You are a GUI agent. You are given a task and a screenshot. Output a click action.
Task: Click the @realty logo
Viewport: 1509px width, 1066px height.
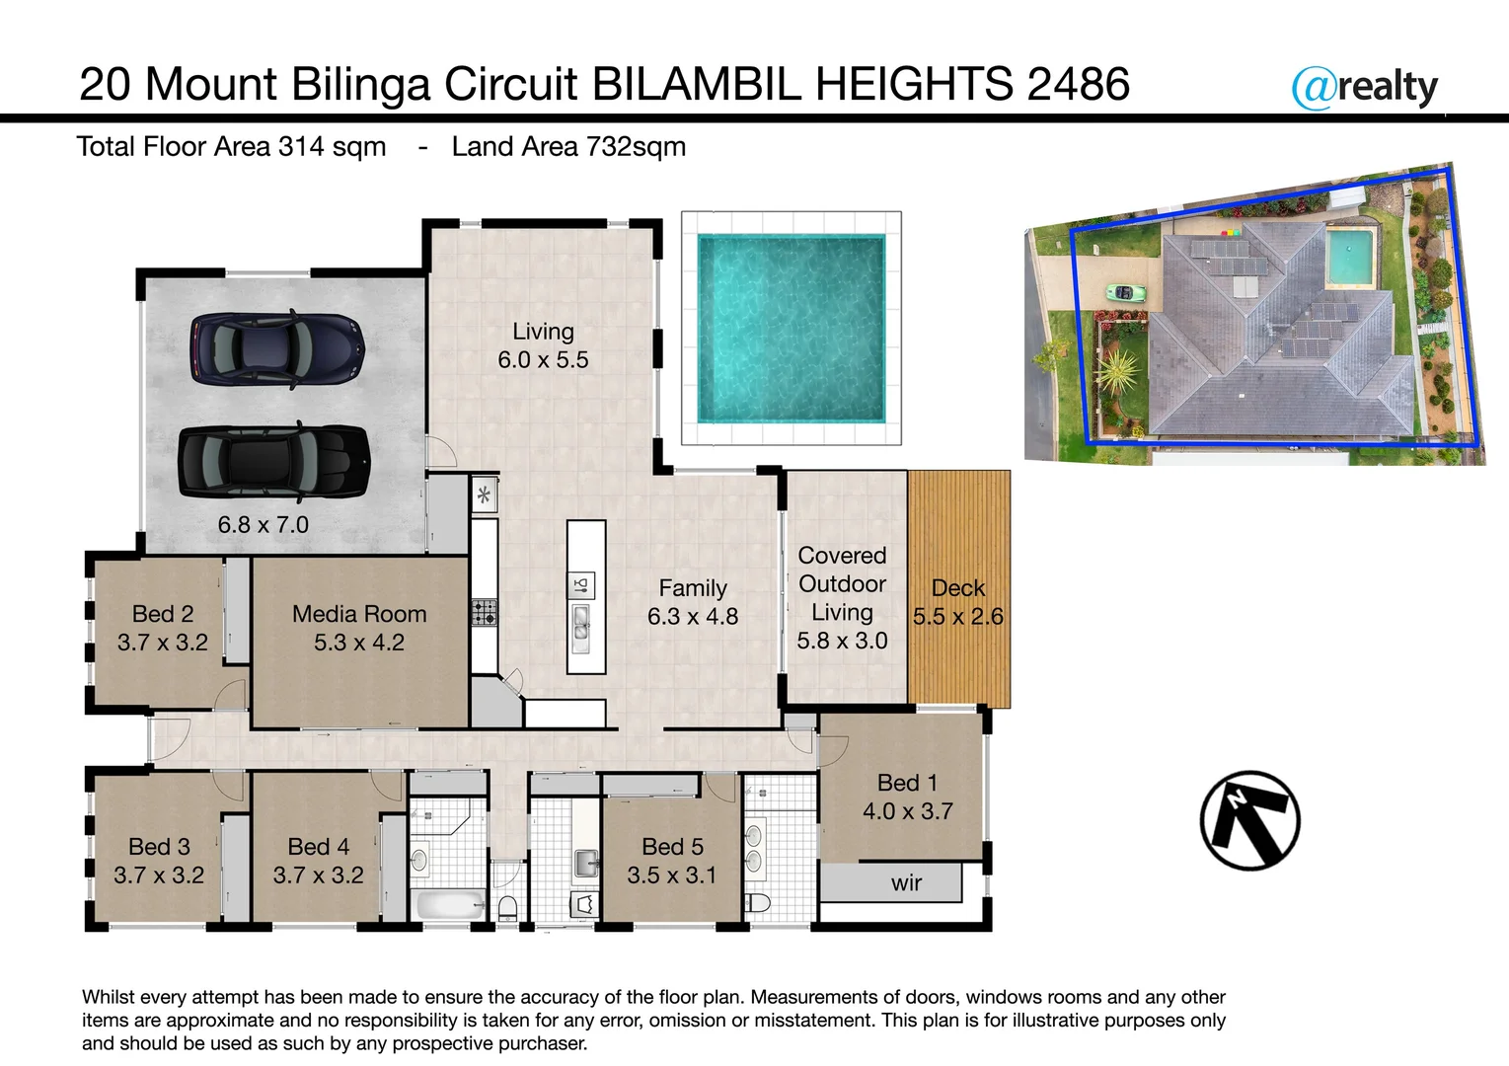click(1365, 88)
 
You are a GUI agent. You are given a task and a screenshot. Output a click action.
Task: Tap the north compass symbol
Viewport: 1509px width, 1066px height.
click(1249, 820)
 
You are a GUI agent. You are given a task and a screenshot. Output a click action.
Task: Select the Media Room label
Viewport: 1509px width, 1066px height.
click(359, 614)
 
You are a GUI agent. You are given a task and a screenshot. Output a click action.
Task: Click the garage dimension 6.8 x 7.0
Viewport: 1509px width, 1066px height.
click(264, 525)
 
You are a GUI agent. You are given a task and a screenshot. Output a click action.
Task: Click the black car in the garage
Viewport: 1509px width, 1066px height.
click(273, 462)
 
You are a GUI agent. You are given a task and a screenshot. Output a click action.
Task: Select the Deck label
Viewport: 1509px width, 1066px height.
click(958, 588)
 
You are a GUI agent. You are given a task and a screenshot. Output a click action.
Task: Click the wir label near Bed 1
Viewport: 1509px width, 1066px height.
click(906, 883)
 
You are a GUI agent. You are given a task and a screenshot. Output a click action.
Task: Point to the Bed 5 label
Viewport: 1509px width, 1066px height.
click(672, 847)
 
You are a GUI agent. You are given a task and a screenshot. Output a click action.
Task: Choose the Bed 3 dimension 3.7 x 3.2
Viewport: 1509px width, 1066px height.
click(159, 876)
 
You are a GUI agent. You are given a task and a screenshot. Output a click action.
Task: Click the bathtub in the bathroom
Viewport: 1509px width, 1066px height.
click(449, 904)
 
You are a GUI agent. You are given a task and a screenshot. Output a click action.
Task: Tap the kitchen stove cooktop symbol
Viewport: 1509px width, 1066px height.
click(484, 613)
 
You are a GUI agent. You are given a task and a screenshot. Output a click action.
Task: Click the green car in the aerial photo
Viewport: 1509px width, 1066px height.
click(1124, 292)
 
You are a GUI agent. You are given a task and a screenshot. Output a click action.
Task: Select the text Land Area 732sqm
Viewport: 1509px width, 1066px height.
click(568, 147)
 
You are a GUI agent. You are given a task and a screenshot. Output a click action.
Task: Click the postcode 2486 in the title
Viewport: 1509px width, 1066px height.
click(1078, 84)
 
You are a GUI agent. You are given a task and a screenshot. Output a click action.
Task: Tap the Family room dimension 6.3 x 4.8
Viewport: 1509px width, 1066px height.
click(693, 617)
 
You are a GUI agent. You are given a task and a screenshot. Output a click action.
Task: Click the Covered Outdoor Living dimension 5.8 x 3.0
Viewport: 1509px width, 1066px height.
click(842, 641)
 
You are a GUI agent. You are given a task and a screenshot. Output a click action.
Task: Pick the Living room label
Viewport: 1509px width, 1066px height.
click(543, 332)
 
